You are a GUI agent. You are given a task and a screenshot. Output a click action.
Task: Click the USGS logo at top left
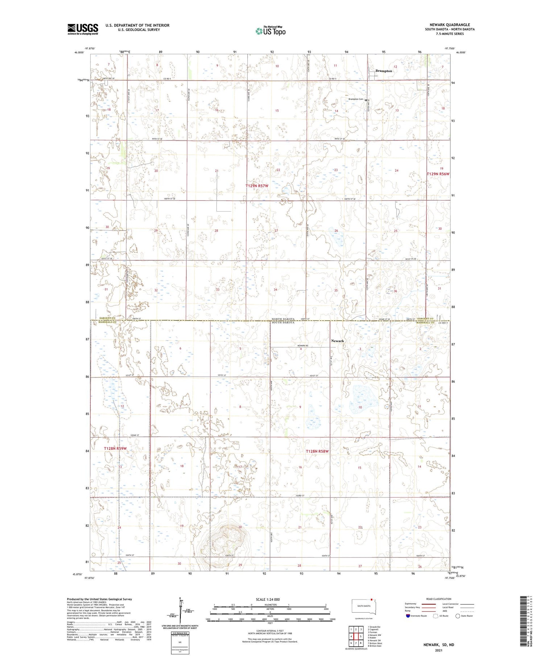tap(83, 29)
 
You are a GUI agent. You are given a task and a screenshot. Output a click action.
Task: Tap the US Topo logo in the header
tap(270, 31)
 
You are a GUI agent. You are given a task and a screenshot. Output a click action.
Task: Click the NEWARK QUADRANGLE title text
tap(450, 25)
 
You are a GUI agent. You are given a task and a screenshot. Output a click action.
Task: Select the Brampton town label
tap(383, 71)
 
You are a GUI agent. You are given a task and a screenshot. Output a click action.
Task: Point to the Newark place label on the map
tap(337, 341)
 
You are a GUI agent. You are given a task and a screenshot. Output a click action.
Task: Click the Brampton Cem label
tap(355, 99)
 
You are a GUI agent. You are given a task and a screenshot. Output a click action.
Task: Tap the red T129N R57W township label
tap(257, 186)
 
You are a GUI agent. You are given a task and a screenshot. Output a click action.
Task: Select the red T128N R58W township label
tap(317, 451)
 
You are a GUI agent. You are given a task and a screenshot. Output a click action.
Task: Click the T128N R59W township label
tap(115, 449)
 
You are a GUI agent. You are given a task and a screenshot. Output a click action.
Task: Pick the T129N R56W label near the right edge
tap(438, 174)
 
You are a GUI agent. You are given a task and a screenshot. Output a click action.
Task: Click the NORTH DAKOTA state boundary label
tap(284, 319)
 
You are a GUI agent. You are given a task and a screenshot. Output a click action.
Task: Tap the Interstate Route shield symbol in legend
tap(408, 616)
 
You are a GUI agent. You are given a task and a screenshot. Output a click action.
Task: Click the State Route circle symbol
tap(458, 616)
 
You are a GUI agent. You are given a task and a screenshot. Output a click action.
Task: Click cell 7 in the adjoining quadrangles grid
tap(351, 643)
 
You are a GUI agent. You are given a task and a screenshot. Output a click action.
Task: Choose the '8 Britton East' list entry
tap(374, 646)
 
